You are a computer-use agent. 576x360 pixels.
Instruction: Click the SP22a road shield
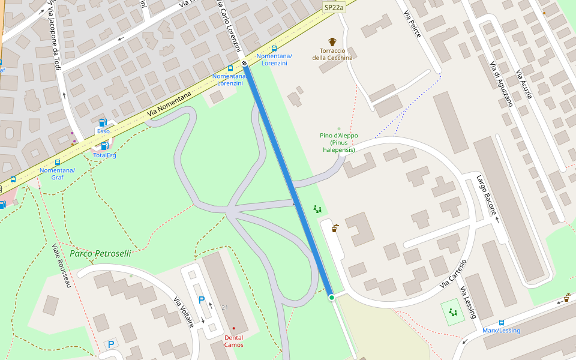(x=334, y=7)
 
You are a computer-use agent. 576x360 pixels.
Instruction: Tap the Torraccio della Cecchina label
(x=332, y=54)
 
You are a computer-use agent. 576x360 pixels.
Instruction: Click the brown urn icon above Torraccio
(x=332, y=42)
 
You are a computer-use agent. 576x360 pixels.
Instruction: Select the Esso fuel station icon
(x=103, y=122)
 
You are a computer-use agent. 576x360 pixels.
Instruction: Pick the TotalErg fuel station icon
(x=104, y=146)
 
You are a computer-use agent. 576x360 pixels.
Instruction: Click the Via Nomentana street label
(x=169, y=104)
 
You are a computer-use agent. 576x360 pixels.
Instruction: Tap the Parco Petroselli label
(x=100, y=253)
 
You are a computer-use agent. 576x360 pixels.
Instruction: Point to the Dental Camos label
(x=234, y=341)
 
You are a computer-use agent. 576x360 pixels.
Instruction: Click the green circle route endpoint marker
(x=331, y=297)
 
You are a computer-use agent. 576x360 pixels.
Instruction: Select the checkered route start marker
(x=245, y=64)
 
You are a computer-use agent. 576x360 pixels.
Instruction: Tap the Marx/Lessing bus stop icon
(x=501, y=322)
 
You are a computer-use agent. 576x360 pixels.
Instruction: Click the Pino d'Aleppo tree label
(x=339, y=142)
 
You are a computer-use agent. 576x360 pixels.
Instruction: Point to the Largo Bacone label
(x=486, y=195)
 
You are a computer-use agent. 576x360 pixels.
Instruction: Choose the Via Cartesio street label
(x=453, y=274)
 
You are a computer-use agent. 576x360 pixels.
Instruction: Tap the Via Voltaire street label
(x=184, y=312)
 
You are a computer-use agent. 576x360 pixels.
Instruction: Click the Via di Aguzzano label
(x=501, y=84)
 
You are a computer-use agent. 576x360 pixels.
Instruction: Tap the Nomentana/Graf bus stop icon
(x=58, y=163)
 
